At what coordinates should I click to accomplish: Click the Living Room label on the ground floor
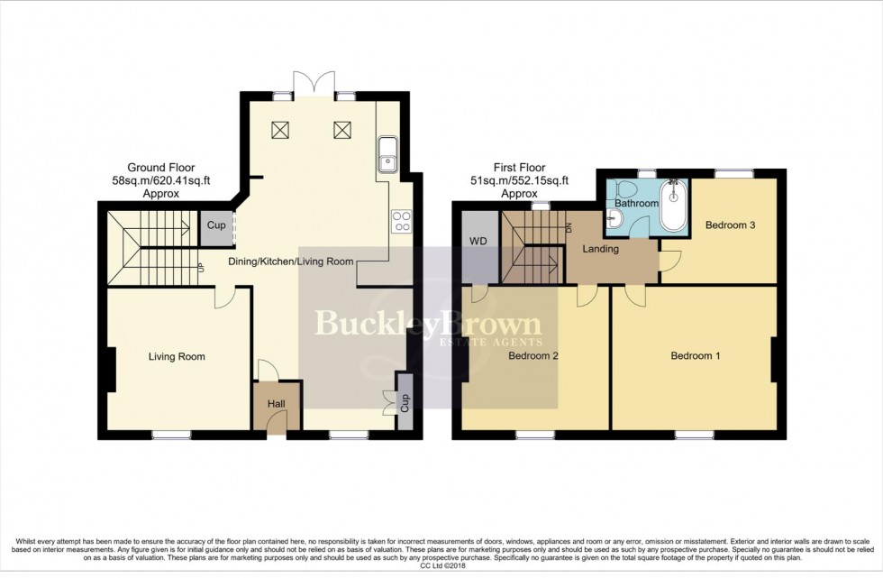(x=177, y=357)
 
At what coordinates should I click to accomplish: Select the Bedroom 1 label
(x=695, y=356)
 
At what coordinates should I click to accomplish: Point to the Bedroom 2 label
(x=532, y=356)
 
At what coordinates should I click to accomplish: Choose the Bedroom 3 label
(x=730, y=225)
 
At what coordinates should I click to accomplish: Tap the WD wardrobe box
(x=478, y=242)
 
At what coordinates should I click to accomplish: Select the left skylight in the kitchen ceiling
(x=280, y=130)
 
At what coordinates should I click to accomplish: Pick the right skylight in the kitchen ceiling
(x=341, y=130)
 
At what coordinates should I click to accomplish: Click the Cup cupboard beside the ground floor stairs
(x=216, y=225)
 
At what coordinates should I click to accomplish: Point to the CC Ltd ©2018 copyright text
(x=441, y=565)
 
